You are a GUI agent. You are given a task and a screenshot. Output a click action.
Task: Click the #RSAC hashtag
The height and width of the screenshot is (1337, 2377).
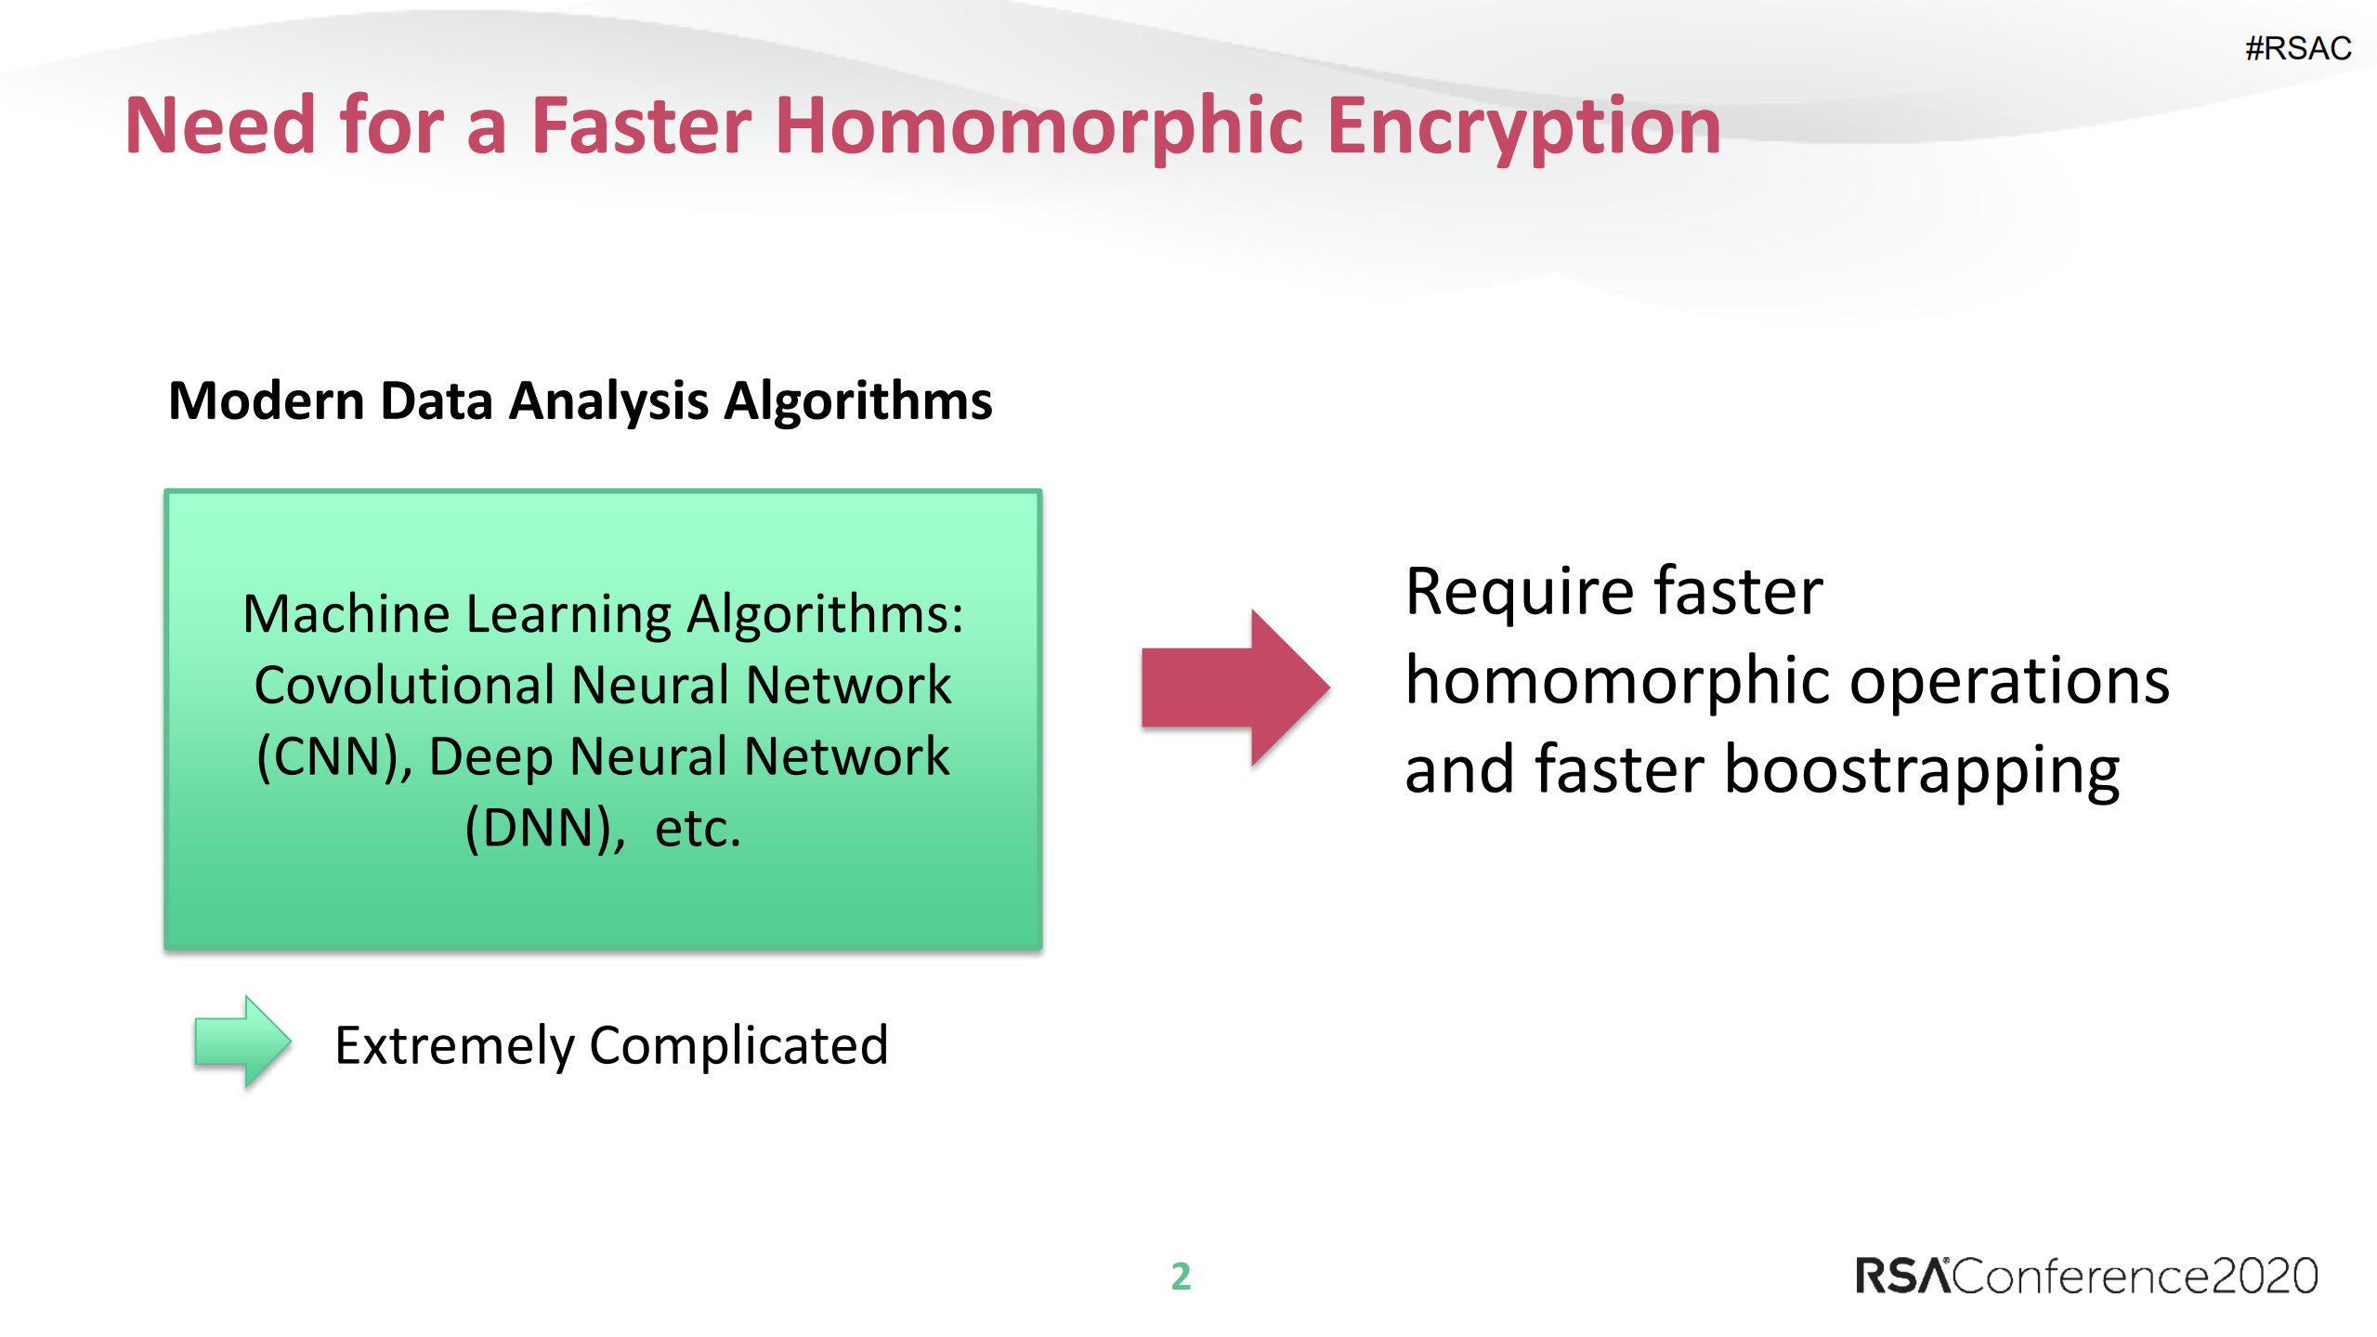pos(2297,48)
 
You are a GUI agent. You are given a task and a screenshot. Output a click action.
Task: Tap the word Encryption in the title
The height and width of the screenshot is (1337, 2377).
pos(1523,126)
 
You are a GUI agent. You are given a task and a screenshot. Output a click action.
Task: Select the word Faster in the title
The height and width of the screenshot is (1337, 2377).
pos(641,126)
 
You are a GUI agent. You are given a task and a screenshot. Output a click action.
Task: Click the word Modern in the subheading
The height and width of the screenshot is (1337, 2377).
pos(267,401)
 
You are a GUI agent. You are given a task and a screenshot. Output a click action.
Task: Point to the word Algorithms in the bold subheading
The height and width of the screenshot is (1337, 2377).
pos(857,401)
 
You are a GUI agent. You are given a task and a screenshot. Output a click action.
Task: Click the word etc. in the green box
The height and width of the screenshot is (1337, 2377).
pos(698,828)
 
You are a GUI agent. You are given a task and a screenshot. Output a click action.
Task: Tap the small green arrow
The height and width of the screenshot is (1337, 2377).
pos(242,1042)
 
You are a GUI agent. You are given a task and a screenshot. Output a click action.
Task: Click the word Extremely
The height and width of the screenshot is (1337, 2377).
pos(454,1045)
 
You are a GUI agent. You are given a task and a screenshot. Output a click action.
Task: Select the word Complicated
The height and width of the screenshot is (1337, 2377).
pos(738,1045)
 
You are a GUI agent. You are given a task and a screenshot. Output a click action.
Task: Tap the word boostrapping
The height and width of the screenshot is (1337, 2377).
pos(1921,770)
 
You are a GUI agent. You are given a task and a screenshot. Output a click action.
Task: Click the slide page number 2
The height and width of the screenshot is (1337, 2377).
pos(1181,1276)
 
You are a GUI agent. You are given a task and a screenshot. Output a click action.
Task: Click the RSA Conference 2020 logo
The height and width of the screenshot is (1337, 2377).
pos(2085,1276)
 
